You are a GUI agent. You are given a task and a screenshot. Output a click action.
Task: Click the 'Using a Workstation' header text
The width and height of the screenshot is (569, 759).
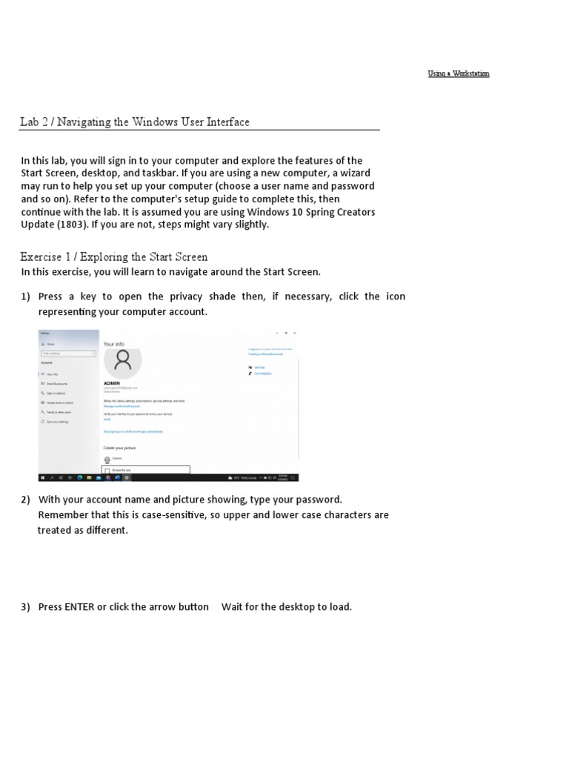click(458, 73)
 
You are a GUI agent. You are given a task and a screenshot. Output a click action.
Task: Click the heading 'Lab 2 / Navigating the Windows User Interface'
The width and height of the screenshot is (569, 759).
click(135, 122)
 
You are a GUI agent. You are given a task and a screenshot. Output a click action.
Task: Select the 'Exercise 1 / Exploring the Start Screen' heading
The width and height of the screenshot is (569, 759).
click(114, 256)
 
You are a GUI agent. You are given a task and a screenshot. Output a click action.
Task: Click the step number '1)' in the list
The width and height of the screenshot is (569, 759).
click(26, 296)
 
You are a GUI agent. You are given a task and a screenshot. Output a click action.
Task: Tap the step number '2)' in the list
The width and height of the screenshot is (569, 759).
click(26, 500)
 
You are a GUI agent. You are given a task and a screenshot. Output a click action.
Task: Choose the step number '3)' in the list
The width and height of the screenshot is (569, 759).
click(26, 607)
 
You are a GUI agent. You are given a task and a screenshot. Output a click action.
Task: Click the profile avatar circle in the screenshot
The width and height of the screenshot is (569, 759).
click(123, 361)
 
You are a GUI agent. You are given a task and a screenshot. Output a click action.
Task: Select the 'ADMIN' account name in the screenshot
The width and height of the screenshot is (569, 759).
click(111, 383)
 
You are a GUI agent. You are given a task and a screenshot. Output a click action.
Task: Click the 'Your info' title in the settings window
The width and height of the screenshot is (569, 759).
click(113, 344)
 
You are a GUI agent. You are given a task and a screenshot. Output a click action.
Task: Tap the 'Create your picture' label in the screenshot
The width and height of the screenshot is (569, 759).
click(119, 448)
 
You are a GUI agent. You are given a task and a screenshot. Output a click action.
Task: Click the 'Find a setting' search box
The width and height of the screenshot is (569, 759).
click(68, 354)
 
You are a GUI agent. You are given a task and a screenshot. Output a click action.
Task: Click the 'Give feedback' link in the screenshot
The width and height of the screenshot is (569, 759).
click(263, 374)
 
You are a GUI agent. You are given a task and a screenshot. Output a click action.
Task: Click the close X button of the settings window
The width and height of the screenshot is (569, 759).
click(294, 334)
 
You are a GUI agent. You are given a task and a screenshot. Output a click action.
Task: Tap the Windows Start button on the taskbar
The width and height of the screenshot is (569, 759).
click(43, 478)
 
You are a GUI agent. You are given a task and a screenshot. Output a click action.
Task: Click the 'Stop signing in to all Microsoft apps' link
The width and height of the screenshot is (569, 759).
click(133, 431)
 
